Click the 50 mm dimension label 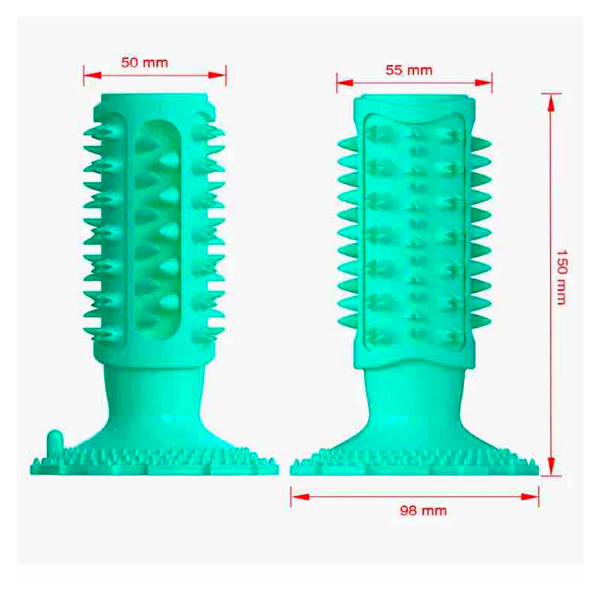[145, 63]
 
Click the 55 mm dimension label [409, 70]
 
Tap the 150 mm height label [561, 277]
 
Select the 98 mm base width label [423, 511]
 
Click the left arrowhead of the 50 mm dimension [92, 75]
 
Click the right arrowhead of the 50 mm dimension [217, 75]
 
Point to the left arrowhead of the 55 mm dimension [345, 83]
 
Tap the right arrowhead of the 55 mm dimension [483, 83]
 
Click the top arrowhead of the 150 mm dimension [551, 103]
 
